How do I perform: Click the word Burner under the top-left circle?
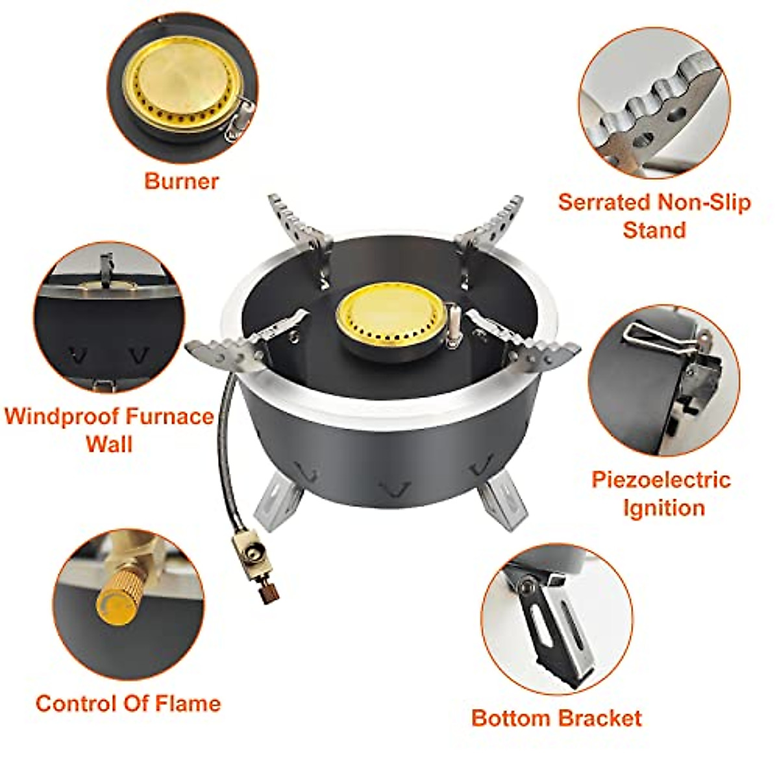tap(181, 180)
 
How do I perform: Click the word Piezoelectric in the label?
tap(660, 480)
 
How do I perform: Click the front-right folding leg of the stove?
tap(502, 502)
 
